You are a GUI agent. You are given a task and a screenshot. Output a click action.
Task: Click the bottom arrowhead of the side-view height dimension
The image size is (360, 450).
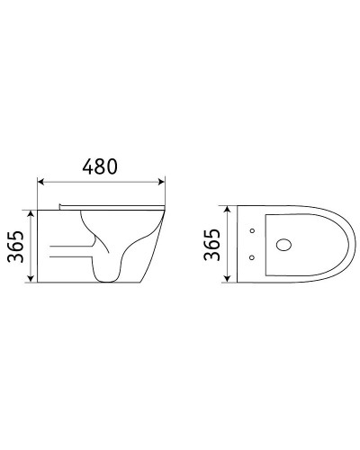click(34, 279)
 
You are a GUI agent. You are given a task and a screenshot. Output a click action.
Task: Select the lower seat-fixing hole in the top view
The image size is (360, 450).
click(253, 260)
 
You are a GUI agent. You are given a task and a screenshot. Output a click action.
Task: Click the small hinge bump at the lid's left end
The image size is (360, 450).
click(62, 207)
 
